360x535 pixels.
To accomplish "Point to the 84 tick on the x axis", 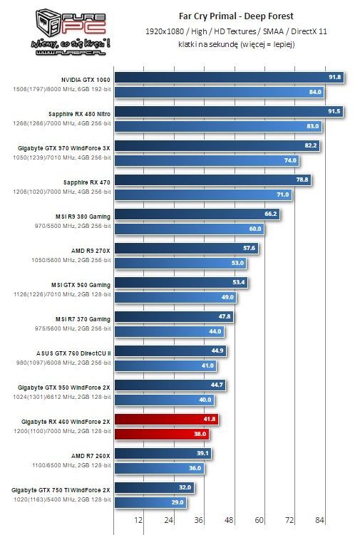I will (319, 519).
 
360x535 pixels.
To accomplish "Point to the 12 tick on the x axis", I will (139, 519).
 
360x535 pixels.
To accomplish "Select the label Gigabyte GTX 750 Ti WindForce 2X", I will (61, 489).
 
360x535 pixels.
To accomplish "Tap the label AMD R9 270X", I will (90, 249).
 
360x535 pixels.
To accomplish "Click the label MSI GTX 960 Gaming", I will (80, 284).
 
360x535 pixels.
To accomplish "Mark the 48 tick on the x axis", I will (229, 519).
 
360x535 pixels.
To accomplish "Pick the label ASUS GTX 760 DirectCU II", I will (73, 352).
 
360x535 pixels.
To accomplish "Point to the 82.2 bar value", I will (310, 145).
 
